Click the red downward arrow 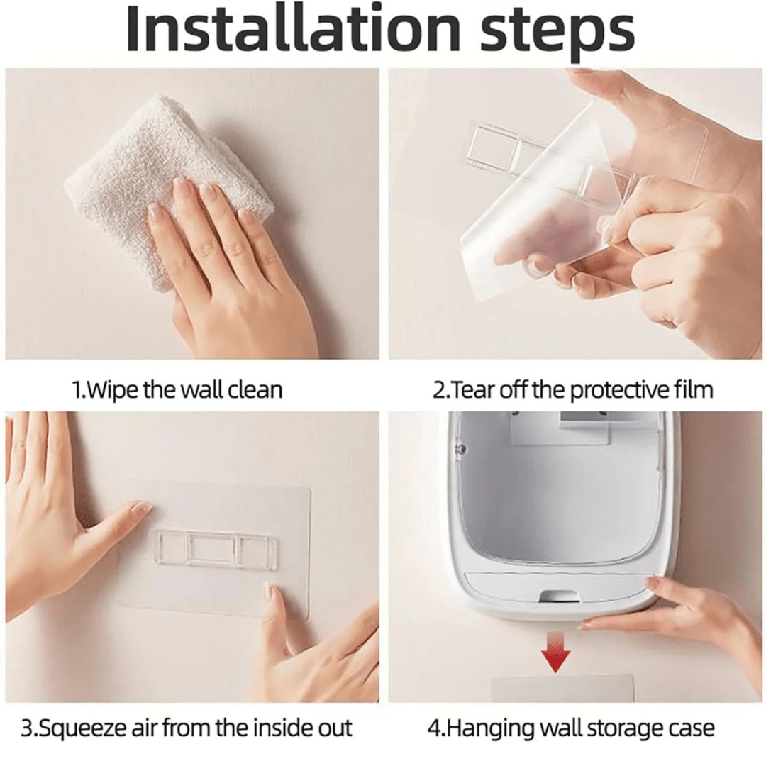pyautogui.click(x=556, y=653)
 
